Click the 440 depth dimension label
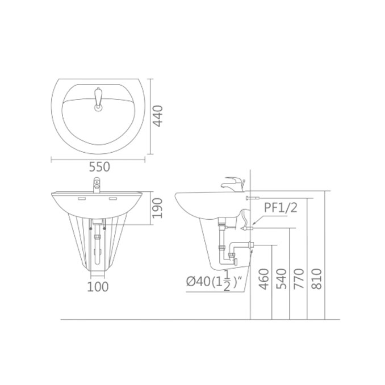pos(158,116)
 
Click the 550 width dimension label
pos(99,167)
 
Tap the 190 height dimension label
pos(157,208)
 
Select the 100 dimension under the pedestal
pos(98,287)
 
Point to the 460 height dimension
pos(264,279)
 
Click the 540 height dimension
pos(282,279)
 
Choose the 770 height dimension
pos(299,279)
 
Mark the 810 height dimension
pos(316,279)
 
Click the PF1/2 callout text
pos(281,207)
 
